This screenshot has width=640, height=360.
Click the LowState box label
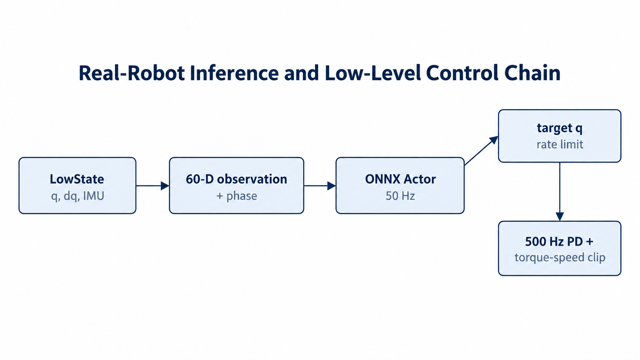[x=77, y=179]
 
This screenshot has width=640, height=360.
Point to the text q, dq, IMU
[x=77, y=196]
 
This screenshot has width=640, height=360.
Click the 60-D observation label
[x=236, y=179]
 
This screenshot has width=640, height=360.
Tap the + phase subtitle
[x=237, y=196]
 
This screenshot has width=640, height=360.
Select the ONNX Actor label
[x=400, y=179]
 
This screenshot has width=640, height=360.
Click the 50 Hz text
[x=400, y=196]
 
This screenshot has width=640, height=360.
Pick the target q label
[x=560, y=128]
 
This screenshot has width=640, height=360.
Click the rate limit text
[x=560, y=144]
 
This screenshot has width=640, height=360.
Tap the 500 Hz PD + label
[x=559, y=241]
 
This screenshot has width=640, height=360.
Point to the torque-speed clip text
[x=560, y=257]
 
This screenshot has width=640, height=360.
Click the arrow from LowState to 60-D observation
[x=153, y=186]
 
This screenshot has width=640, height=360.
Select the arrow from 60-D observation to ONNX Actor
[x=320, y=186]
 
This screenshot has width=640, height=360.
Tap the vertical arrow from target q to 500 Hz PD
[x=560, y=192]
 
